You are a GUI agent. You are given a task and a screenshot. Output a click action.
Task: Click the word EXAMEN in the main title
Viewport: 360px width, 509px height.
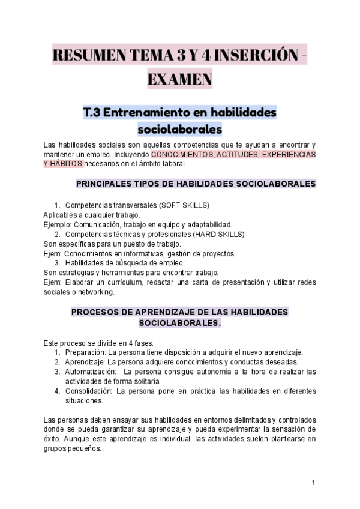click(x=179, y=79)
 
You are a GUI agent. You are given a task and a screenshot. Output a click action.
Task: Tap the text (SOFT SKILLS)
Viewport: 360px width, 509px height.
click(x=184, y=205)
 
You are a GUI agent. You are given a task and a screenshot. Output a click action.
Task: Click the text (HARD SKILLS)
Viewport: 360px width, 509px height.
click(x=218, y=234)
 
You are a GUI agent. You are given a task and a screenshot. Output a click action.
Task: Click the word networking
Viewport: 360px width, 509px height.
click(x=96, y=292)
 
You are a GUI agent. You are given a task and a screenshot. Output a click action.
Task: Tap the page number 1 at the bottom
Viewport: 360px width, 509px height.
click(x=313, y=483)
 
